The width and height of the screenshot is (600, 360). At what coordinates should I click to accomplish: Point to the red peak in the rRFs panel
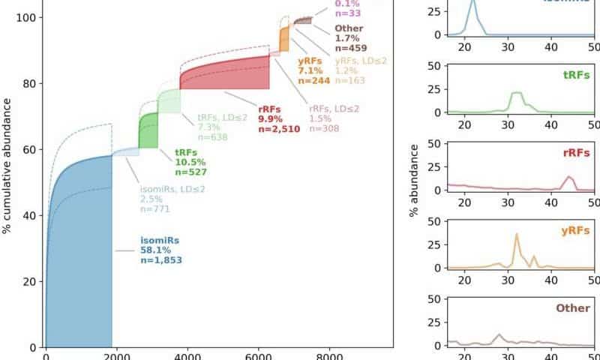coord(570,178)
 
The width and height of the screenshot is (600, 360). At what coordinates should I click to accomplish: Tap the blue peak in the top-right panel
coord(472,3)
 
